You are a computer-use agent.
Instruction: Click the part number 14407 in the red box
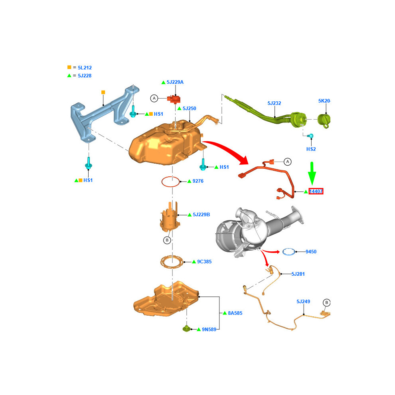316,192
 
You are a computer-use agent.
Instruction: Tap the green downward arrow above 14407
312,173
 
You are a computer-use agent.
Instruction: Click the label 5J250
190,109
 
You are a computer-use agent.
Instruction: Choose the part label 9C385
204,262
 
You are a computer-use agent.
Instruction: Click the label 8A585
235,313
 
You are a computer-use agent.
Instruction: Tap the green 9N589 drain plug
186,328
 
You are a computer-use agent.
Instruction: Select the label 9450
311,252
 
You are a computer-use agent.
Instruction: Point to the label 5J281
298,274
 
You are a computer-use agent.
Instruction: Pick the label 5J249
303,302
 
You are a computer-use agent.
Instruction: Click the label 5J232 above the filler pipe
274,103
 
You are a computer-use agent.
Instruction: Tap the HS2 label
311,149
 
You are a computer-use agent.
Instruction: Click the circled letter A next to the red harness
287,162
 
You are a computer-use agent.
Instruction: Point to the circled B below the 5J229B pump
167,240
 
